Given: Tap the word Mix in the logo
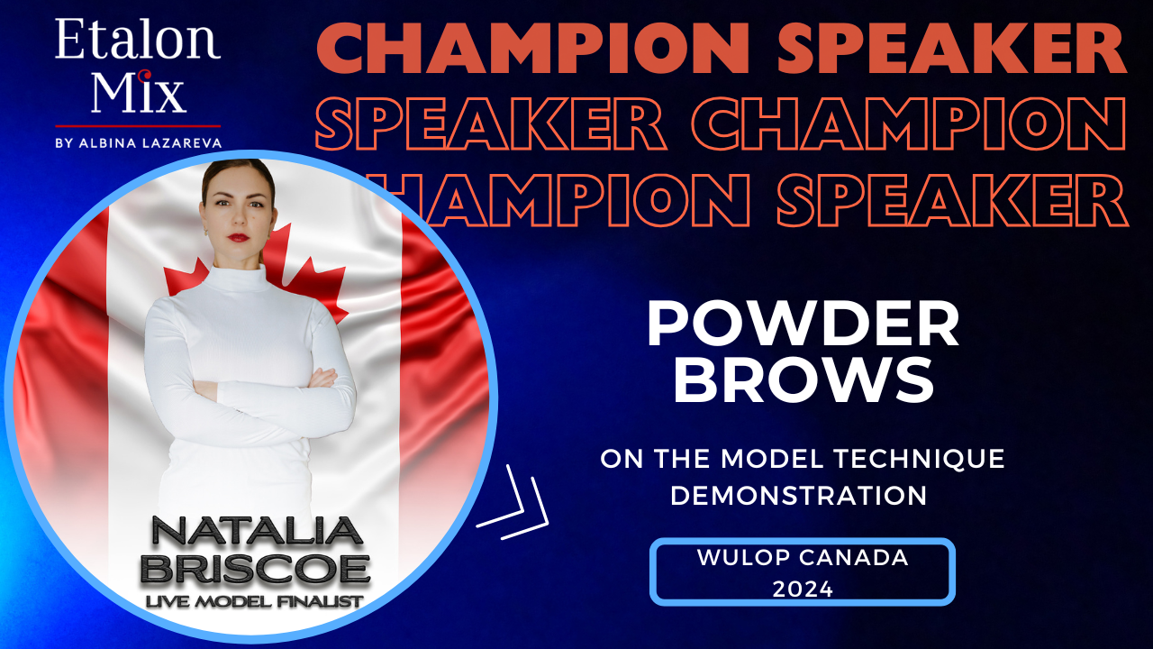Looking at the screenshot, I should [x=138, y=93].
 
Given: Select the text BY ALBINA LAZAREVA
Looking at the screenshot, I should [x=138, y=142].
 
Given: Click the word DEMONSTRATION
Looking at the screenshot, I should [x=798, y=495].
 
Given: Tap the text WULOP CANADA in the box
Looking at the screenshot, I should [x=803, y=557].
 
